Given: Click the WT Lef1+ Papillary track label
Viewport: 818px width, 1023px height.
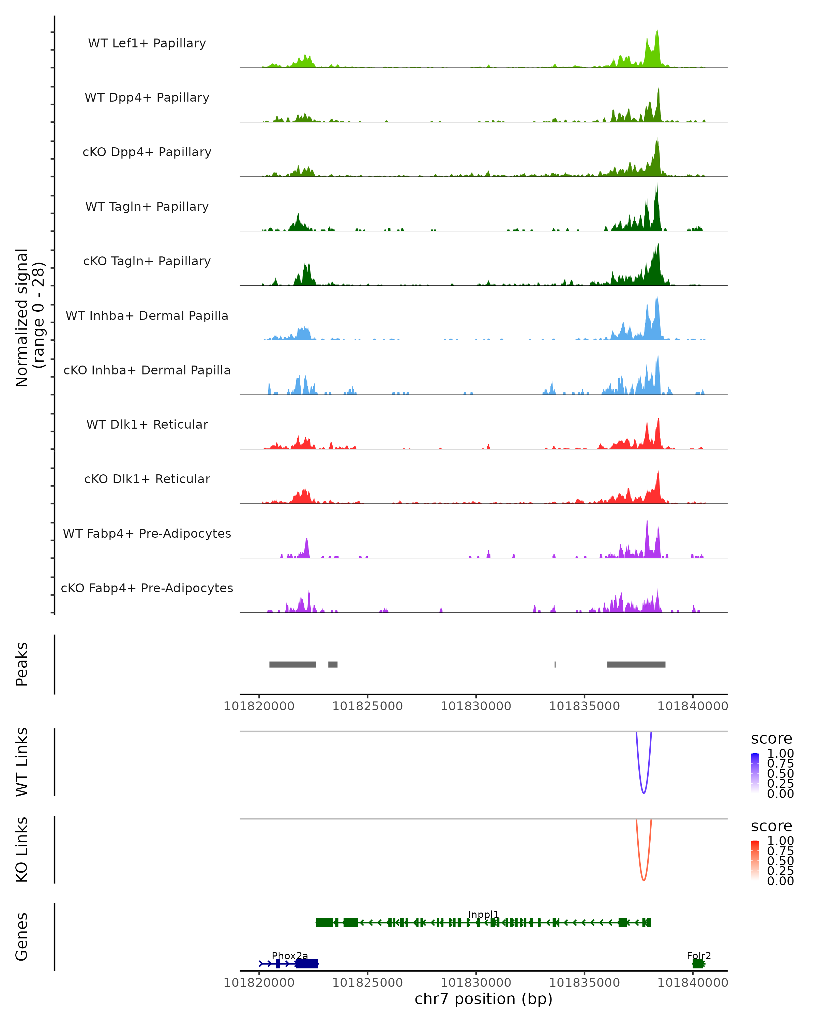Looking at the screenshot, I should [147, 43].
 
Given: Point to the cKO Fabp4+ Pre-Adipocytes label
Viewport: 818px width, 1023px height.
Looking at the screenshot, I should [147, 588].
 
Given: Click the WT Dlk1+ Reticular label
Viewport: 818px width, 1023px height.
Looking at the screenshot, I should [147, 424].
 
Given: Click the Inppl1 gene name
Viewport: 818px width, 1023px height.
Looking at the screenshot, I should [483, 914].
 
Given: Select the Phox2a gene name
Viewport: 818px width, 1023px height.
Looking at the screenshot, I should [290, 955].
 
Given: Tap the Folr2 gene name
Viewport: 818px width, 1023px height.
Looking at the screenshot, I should [698, 955].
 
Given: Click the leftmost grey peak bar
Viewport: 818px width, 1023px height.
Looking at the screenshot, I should [292, 664].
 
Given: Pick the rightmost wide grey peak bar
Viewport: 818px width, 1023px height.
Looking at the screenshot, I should [636, 664].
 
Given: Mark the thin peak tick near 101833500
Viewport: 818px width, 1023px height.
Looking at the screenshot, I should [555, 664].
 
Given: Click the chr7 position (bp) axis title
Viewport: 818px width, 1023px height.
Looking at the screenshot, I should [483, 999].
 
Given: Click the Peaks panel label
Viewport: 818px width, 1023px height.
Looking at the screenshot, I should [22, 664].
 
